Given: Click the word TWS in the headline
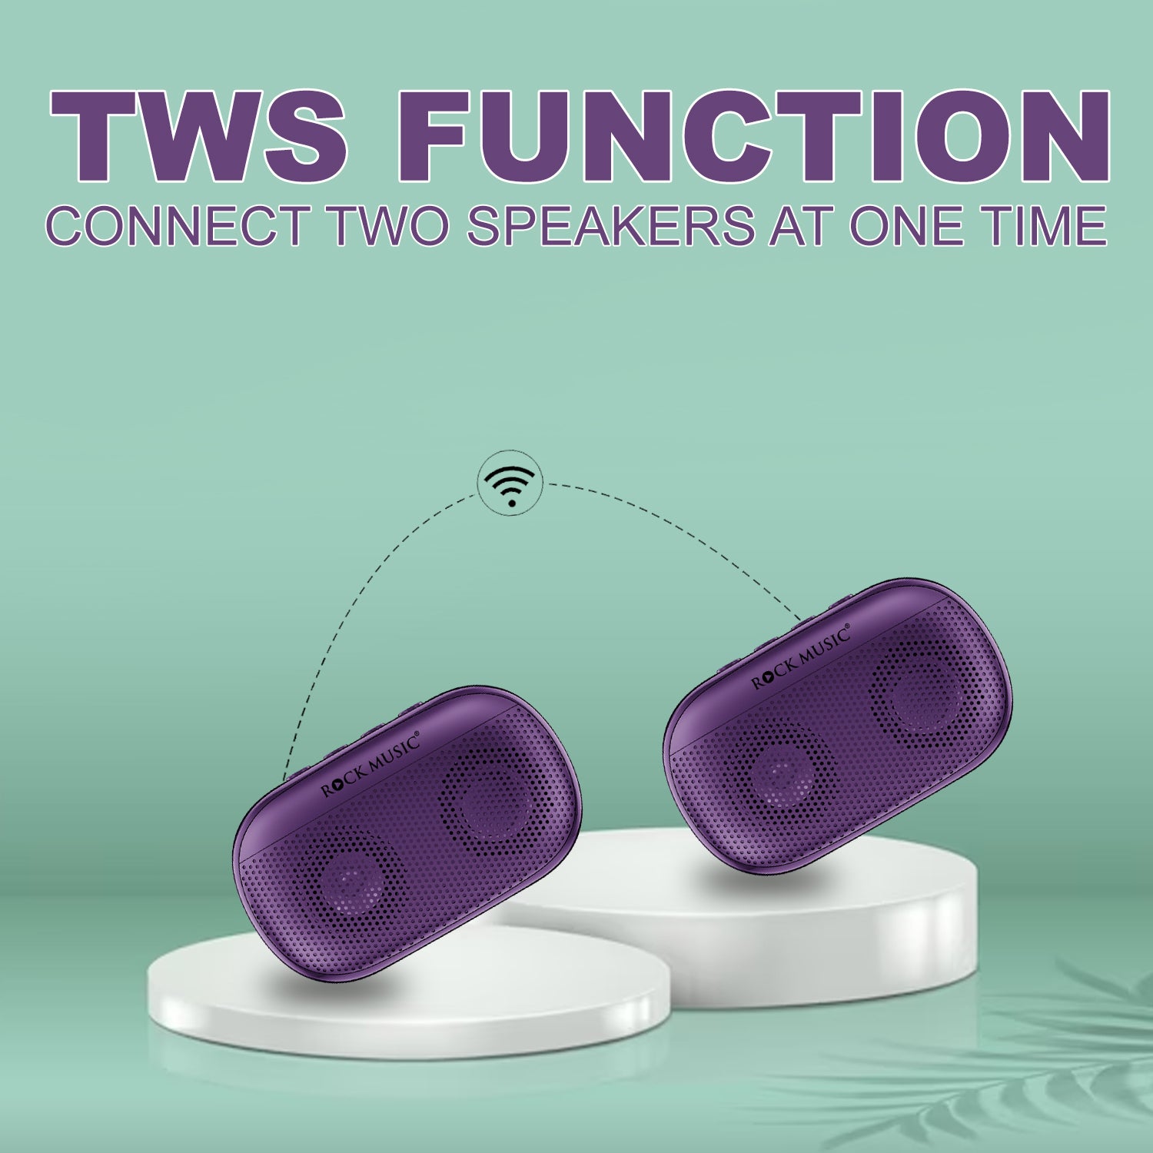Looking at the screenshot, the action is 198,137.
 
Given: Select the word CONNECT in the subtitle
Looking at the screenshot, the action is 176,226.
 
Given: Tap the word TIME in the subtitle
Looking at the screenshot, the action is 1044,226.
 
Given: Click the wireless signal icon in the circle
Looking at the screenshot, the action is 511,484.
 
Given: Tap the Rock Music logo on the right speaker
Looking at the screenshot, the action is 801,656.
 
